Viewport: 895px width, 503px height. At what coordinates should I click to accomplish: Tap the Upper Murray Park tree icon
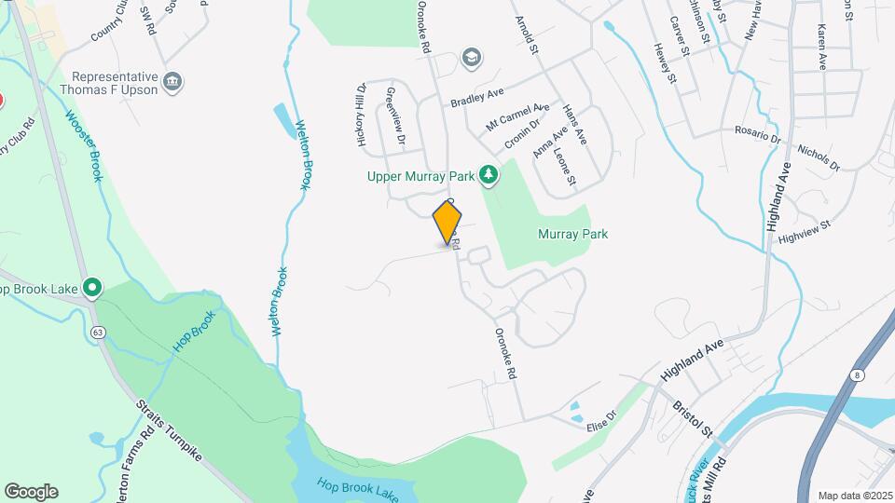(x=488, y=174)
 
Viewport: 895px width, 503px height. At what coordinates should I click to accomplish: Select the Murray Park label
(x=572, y=234)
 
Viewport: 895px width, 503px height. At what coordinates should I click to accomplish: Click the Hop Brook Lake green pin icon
(x=91, y=288)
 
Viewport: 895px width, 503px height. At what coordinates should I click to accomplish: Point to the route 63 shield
(x=97, y=332)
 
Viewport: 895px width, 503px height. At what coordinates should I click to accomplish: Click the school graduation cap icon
(x=472, y=59)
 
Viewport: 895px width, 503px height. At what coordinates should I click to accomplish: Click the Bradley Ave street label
(x=476, y=97)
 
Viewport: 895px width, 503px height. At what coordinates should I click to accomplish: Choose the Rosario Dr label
(x=756, y=135)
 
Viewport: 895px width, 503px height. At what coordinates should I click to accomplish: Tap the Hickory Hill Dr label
(x=362, y=115)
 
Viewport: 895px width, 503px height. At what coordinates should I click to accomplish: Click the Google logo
(x=31, y=492)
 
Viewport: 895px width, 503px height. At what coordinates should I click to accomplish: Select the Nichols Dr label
(x=819, y=157)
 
